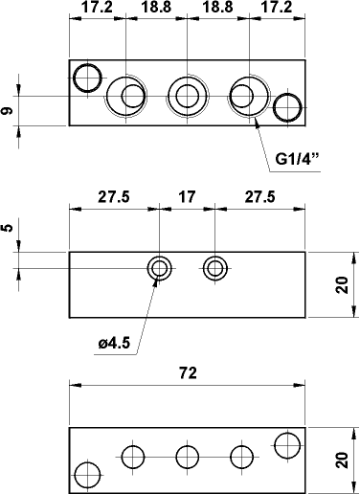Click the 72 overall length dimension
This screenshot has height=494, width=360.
coord(188,372)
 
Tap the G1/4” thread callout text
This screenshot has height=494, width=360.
coord(297,159)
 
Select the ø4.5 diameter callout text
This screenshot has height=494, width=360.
coord(114,343)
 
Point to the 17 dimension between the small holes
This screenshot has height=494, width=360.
coord(187,196)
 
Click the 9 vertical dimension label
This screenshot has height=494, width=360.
coord(8,111)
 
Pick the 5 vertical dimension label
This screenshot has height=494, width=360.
coord(8,228)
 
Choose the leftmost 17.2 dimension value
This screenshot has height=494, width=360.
coord(97,8)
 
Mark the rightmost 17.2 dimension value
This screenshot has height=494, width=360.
coord(277,8)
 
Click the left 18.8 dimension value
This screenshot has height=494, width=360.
coord(156,8)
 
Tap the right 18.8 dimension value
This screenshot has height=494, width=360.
coord(217,8)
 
